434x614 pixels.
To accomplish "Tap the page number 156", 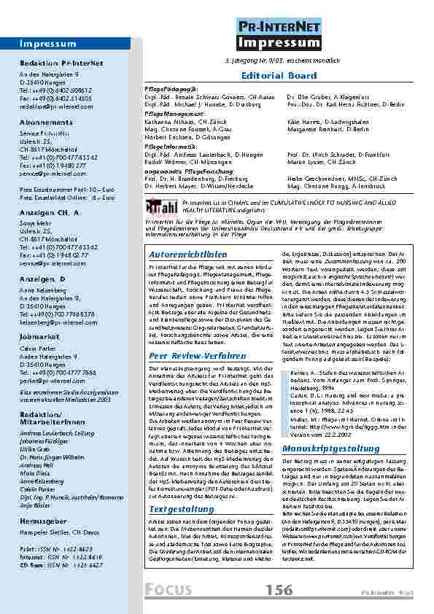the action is click(x=281, y=588).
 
